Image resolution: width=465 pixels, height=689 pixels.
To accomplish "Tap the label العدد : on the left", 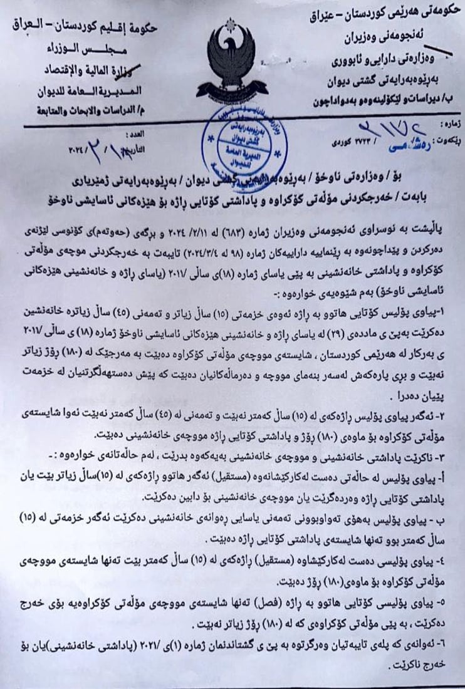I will click(x=133, y=134).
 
